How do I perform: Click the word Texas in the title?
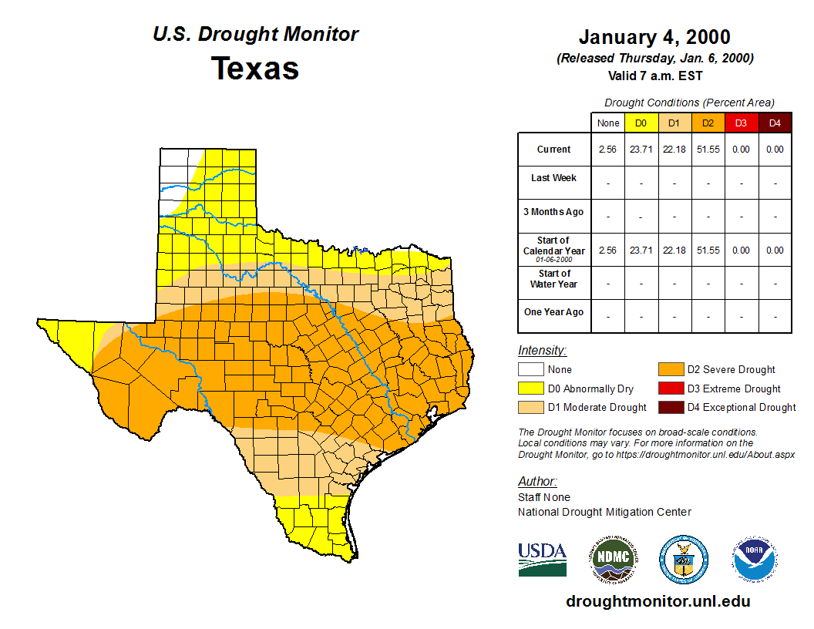255,68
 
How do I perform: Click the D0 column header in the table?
641,123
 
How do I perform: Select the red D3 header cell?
742,123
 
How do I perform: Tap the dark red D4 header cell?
775,123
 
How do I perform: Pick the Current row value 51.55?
708,150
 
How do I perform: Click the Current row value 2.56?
608,150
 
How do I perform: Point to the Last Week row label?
553,178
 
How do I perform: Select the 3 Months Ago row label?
553,212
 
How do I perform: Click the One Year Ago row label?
553,312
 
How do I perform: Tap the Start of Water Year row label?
553,279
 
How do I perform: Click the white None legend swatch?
531,370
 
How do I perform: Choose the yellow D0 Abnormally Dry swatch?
531,388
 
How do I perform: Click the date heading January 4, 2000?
654,37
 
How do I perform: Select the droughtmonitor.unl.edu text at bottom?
658,601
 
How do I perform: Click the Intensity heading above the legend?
542,351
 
